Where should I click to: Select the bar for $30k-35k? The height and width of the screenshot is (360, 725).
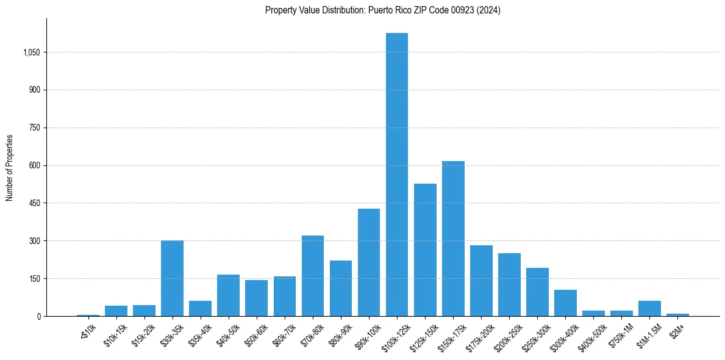tap(172, 278)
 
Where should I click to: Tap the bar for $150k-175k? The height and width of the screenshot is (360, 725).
tap(453, 239)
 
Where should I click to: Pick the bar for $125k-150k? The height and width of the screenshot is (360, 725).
tap(425, 250)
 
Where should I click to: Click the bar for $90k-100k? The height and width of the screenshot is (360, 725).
tap(369, 262)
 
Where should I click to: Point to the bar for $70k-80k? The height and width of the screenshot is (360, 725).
tap(313, 276)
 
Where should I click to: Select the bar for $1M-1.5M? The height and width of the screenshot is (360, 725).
tap(649, 309)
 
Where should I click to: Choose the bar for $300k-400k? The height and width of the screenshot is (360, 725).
tap(565, 303)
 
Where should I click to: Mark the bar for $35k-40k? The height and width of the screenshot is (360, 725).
tap(200, 309)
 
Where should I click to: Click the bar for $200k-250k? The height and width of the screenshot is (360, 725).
tap(509, 285)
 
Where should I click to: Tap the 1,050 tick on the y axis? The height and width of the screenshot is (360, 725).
tap(31, 52)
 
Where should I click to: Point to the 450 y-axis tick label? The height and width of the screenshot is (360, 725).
tap(35, 203)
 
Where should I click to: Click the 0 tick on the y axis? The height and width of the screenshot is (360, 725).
tap(38, 316)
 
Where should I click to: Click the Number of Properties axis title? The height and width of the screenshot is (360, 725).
tap(9, 167)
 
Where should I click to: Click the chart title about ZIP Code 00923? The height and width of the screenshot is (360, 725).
tap(382, 10)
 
